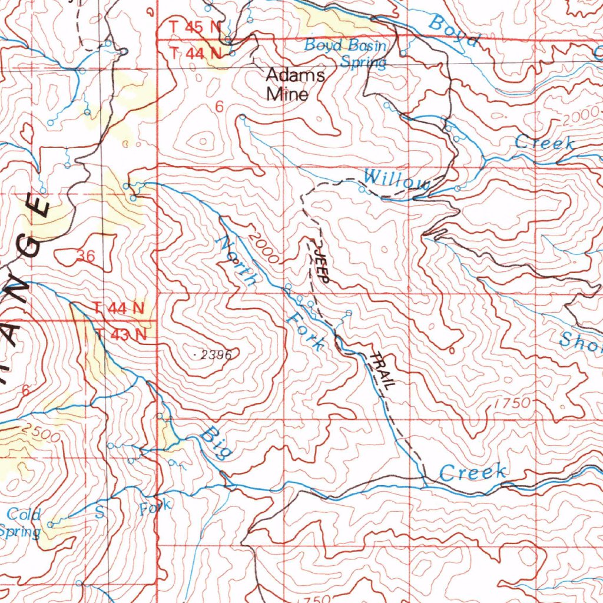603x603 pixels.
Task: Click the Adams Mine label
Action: tap(295, 84)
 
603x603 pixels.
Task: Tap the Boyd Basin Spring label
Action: tap(346, 53)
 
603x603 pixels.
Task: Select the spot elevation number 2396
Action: tap(211, 354)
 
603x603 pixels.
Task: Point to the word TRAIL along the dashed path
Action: tap(383, 370)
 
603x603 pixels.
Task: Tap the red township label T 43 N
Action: tap(121, 334)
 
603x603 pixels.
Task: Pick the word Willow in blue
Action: tap(396, 179)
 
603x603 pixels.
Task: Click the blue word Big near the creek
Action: tap(216, 443)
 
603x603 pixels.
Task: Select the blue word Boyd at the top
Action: tap(453, 31)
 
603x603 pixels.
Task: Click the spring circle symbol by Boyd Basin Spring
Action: tap(403, 53)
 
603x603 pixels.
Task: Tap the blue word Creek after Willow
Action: tap(545, 142)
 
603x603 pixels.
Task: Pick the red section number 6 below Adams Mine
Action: tap(219, 107)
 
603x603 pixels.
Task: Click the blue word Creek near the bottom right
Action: tap(473, 472)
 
